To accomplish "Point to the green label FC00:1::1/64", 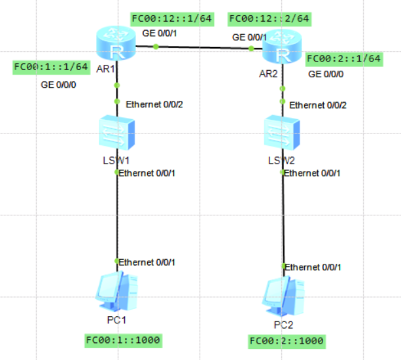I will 51,67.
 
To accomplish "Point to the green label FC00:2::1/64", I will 344,59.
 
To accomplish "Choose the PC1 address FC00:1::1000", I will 123,340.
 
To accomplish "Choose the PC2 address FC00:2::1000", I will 287,341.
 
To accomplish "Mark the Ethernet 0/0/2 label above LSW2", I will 318,105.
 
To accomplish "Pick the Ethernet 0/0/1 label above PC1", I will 147,262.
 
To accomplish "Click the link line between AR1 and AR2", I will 203,47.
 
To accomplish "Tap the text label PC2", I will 284,325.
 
